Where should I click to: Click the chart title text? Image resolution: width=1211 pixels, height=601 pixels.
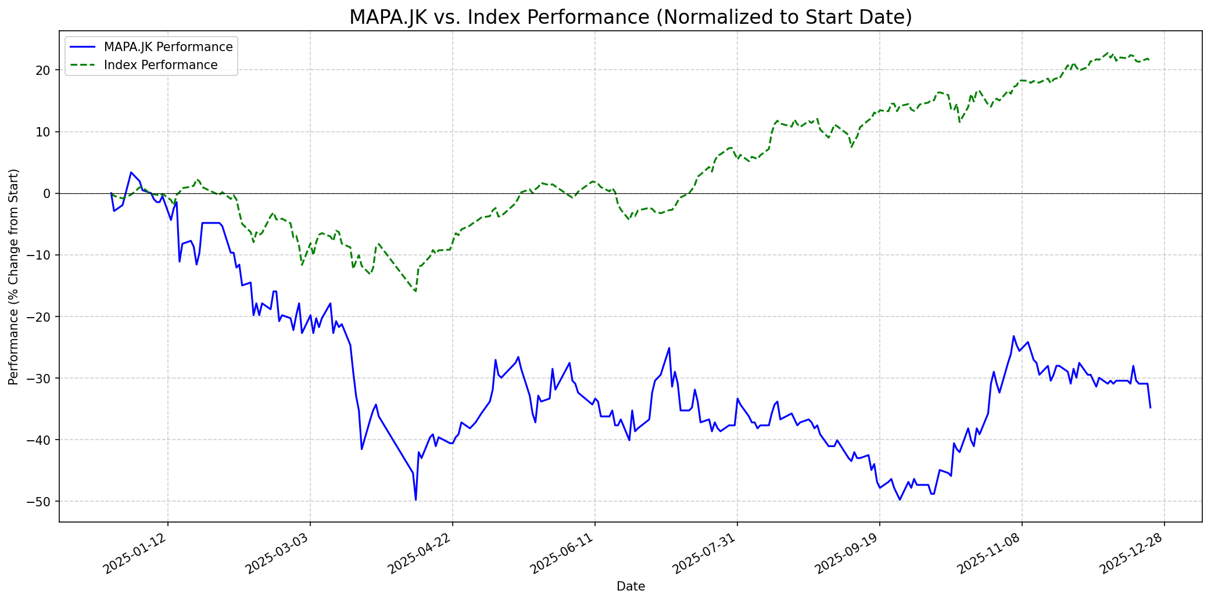[x=630, y=17]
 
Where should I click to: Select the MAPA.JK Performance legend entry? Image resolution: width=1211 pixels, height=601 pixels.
[x=168, y=47]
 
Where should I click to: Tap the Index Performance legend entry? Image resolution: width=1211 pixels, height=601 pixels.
[x=160, y=65]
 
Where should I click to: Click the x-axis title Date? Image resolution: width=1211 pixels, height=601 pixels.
[x=630, y=586]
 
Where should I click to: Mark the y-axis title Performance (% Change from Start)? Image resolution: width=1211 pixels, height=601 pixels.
[x=14, y=276]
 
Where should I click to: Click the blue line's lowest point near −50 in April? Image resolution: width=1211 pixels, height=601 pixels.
[x=415, y=500]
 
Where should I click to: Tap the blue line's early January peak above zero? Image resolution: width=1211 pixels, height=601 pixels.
[x=131, y=172]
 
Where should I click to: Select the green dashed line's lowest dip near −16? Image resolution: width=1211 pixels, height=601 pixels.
[x=415, y=291]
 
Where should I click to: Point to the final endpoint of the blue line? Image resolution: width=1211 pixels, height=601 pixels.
[x=1150, y=408]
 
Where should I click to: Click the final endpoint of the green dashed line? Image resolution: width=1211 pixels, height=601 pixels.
[x=1149, y=59]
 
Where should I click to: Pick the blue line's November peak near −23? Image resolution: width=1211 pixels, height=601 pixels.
[x=1013, y=336]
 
